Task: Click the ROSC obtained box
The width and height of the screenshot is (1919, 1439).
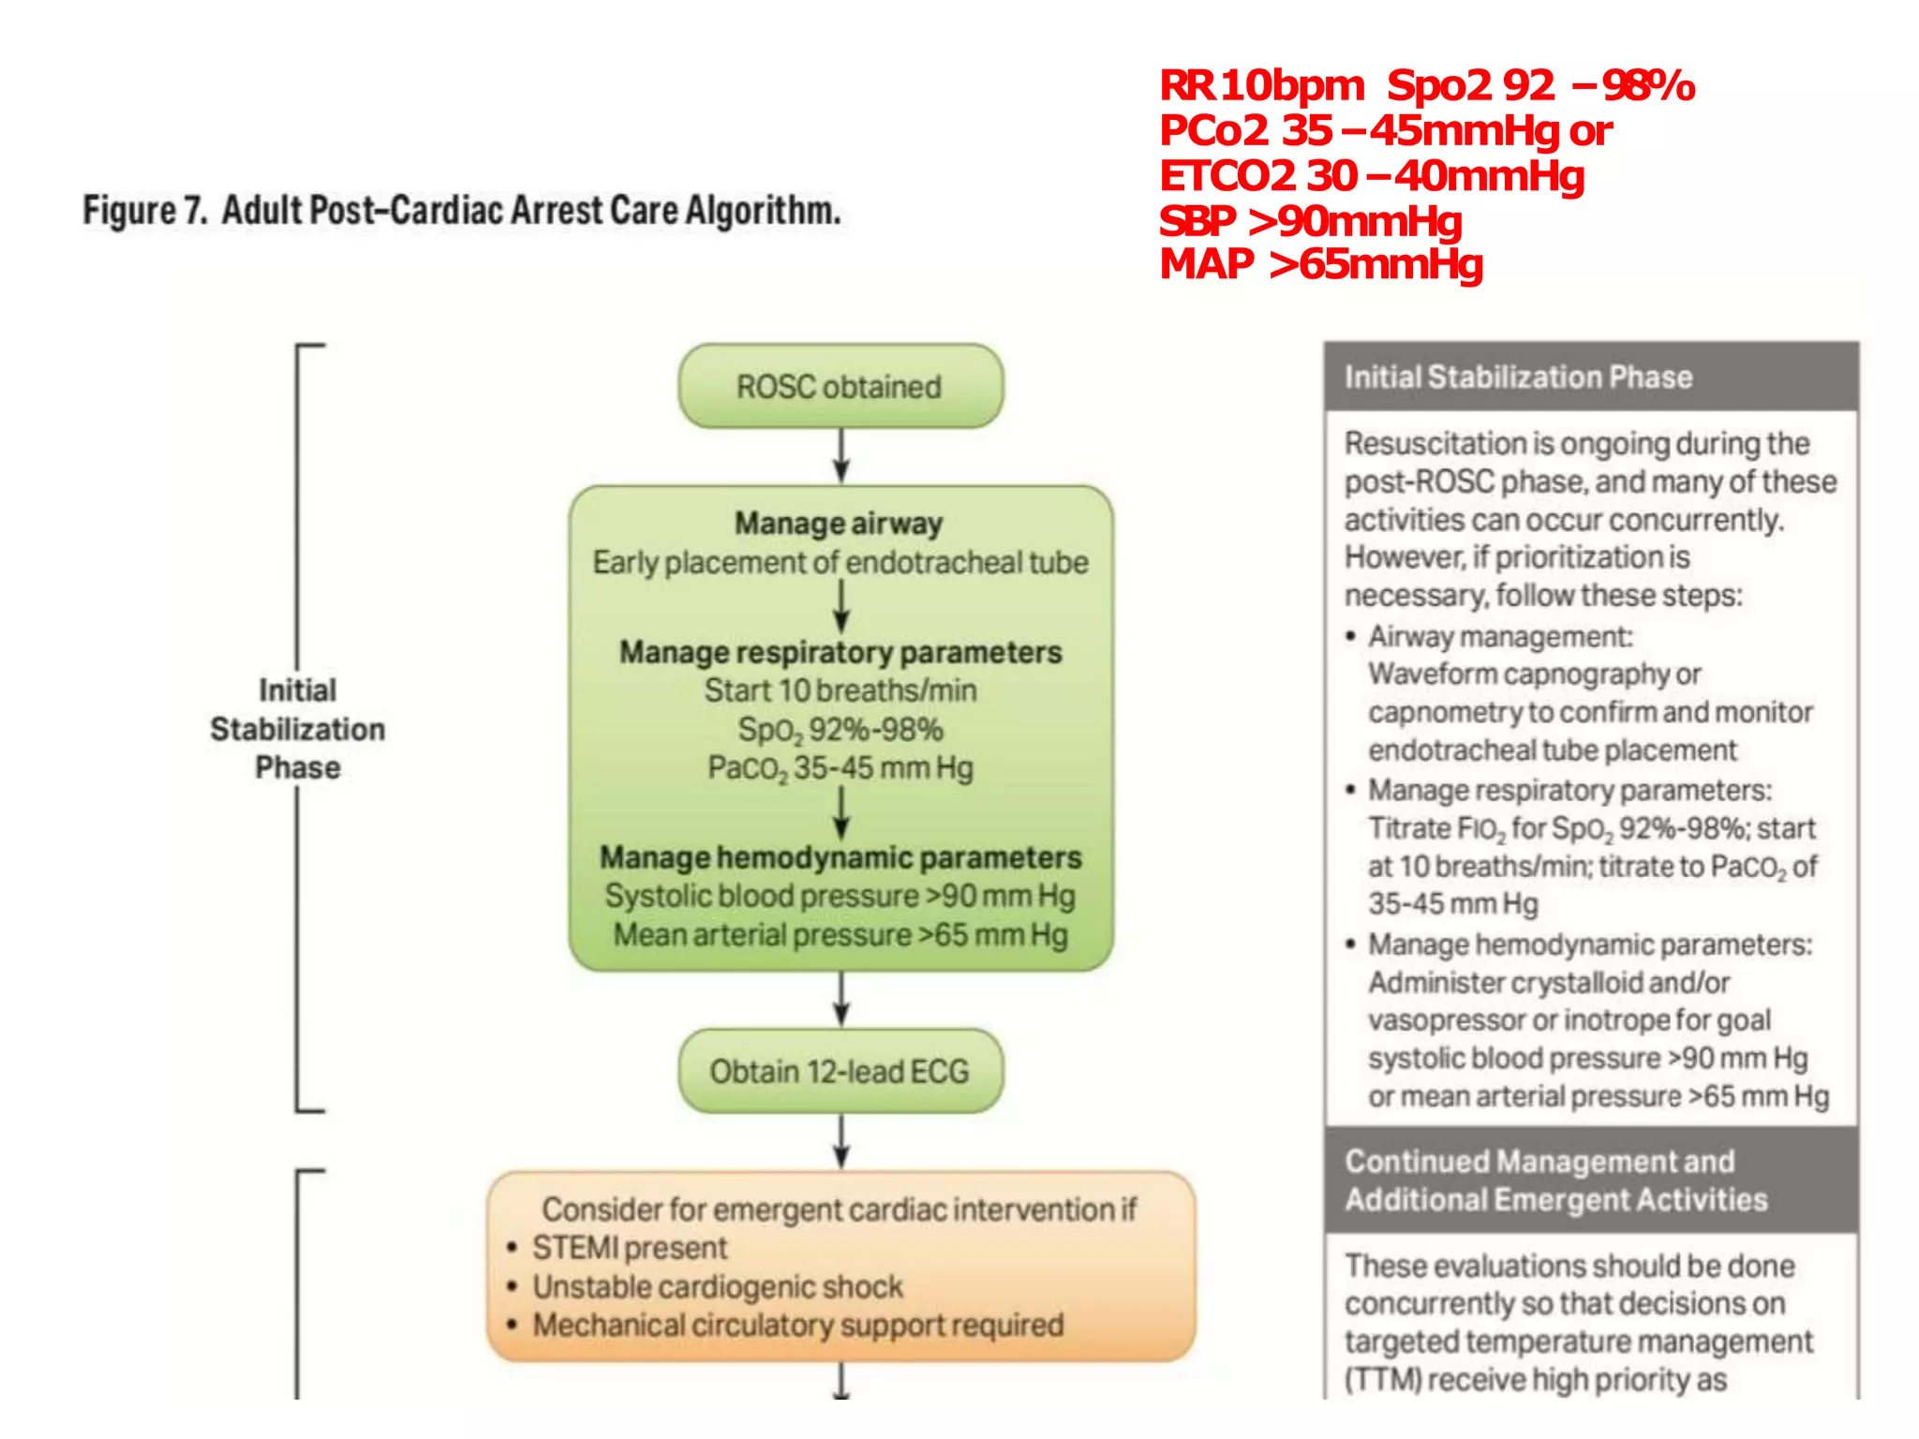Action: pyautogui.click(x=840, y=386)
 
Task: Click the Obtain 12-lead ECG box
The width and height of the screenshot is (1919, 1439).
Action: pyautogui.click(x=840, y=1071)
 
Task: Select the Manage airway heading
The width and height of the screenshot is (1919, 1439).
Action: pyautogui.click(x=839, y=523)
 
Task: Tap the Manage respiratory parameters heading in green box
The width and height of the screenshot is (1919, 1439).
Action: pyautogui.click(x=840, y=652)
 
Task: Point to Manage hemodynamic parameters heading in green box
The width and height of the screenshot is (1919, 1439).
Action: pyautogui.click(x=840, y=857)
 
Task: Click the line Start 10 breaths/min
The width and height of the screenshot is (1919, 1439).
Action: pyautogui.click(x=840, y=690)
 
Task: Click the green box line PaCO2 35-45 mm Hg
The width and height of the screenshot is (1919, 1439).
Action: pyautogui.click(x=840, y=768)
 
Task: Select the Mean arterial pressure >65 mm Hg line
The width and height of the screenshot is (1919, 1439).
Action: pyautogui.click(x=840, y=935)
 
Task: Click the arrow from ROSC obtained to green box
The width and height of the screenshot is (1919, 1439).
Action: pyautogui.click(x=841, y=456)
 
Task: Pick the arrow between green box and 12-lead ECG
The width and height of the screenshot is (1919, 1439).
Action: pyautogui.click(x=841, y=1000)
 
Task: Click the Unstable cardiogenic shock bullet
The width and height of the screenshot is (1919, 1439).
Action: pyautogui.click(x=718, y=1287)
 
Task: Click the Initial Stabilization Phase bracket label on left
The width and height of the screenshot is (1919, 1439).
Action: pyautogui.click(x=297, y=729)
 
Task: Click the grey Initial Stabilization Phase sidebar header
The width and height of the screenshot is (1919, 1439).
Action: pyautogui.click(x=1518, y=377)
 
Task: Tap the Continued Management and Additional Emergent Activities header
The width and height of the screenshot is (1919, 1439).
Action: pyautogui.click(x=1555, y=1180)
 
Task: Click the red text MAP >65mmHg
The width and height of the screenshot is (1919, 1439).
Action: pyautogui.click(x=1321, y=264)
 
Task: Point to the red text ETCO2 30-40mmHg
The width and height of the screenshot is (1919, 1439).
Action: pyautogui.click(x=1372, y=176)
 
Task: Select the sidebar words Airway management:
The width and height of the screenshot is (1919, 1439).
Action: pyautogui.click(x=1499, y=637)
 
